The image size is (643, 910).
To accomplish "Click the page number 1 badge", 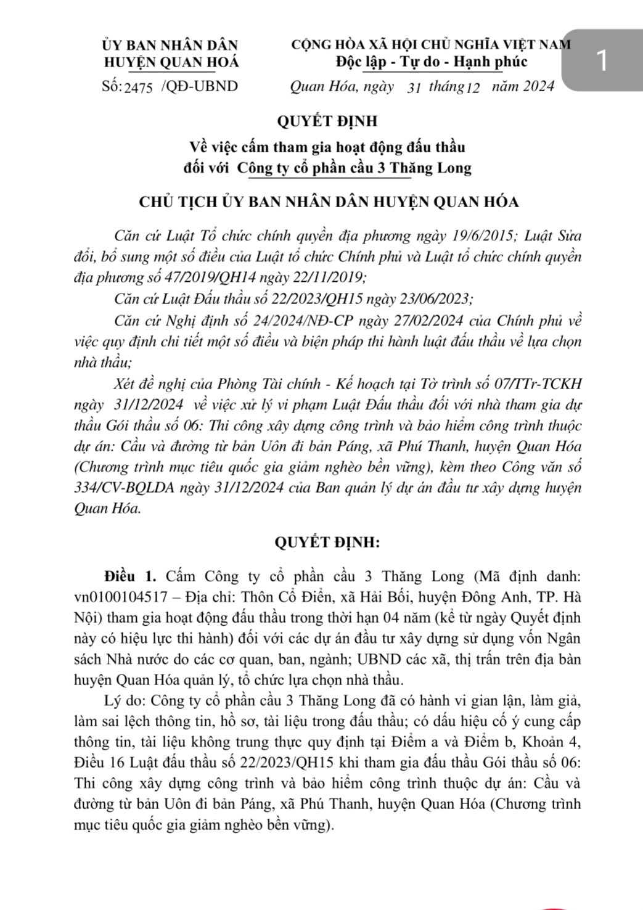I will pos(602,61).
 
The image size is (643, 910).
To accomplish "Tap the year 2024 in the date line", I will pos(538,86).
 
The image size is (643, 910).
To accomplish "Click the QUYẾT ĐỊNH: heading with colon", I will pos(327,543).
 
